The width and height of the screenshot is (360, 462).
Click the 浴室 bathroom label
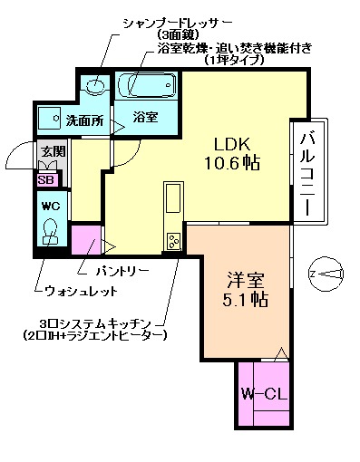[145, 117]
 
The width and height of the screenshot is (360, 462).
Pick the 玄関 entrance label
[50, 152]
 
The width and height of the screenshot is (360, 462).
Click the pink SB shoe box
[45, 178]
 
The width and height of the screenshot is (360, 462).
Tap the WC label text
[49, 205]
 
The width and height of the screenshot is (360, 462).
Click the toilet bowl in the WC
[51, 232]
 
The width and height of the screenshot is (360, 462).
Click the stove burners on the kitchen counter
[172, 242]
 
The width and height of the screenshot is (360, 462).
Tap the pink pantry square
[86, 242]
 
